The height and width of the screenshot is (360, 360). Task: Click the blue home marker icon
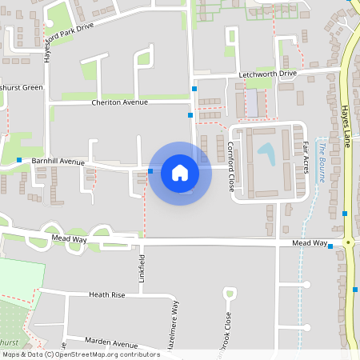tap(180, 172)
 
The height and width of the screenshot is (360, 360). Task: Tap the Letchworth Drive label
tap(267, 74)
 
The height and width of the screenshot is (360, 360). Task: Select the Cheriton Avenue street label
tap(120, 102)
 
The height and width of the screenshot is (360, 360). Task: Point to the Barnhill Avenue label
tap(58, 162)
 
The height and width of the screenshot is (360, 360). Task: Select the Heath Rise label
tap(106, 295)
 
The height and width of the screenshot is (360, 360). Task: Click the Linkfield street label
tap(142, 271)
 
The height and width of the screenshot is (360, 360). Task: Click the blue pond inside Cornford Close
tap(266, 153)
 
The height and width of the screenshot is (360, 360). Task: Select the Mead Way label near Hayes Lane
tap(310, 242)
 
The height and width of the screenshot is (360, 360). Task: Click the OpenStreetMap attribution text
tap(80, 354)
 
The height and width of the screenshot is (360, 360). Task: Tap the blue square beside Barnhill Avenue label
tap(19, 160)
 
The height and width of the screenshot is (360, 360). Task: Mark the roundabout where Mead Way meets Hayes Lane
tap(349, 242)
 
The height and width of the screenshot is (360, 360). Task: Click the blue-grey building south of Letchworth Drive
tap(252, 102)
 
